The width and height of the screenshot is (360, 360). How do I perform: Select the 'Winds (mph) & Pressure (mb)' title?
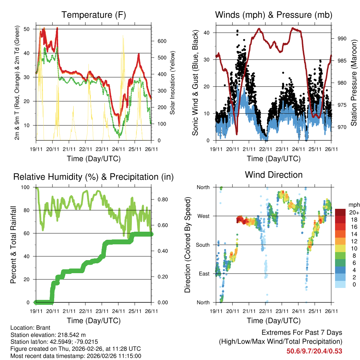(x=274, y=15)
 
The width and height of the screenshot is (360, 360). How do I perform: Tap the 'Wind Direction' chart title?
(x=274, y=174)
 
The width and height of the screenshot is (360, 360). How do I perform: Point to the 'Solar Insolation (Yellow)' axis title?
(x=173, y=83)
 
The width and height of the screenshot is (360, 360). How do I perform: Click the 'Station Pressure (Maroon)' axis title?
(x=354, y=83)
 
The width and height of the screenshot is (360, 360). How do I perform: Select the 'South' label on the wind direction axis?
(x=202, y=245)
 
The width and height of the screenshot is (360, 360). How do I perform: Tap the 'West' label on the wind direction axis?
(x=204, y=216)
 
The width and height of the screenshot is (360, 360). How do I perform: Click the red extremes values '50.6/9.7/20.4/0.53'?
(x=314, y=351)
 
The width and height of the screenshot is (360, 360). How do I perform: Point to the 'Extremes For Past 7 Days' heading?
(x=302, y=333)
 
